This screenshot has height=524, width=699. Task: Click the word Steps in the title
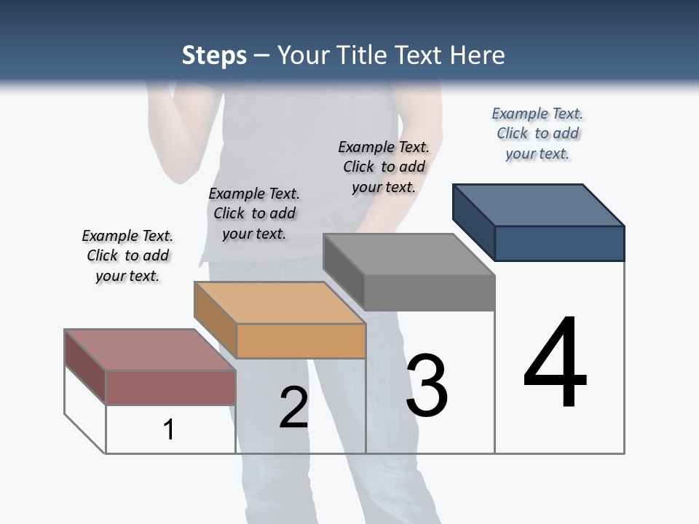point(214,55)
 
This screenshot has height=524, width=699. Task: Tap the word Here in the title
point(478,55)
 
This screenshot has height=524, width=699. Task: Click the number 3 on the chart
point(427,386)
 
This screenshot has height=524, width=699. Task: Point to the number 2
point(293,408)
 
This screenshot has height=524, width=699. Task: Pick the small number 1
point(169,429)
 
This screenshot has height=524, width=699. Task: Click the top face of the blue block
point(539,205)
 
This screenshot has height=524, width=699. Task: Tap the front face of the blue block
point(559,243)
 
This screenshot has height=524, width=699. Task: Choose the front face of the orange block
point(301,341)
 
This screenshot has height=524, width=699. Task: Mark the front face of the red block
point(170,387)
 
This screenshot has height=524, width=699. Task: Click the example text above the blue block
point(537,133)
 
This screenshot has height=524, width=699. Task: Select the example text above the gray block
point(384,167)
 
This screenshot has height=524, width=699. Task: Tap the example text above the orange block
point(254,213)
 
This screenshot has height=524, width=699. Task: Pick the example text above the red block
point(127,255)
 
